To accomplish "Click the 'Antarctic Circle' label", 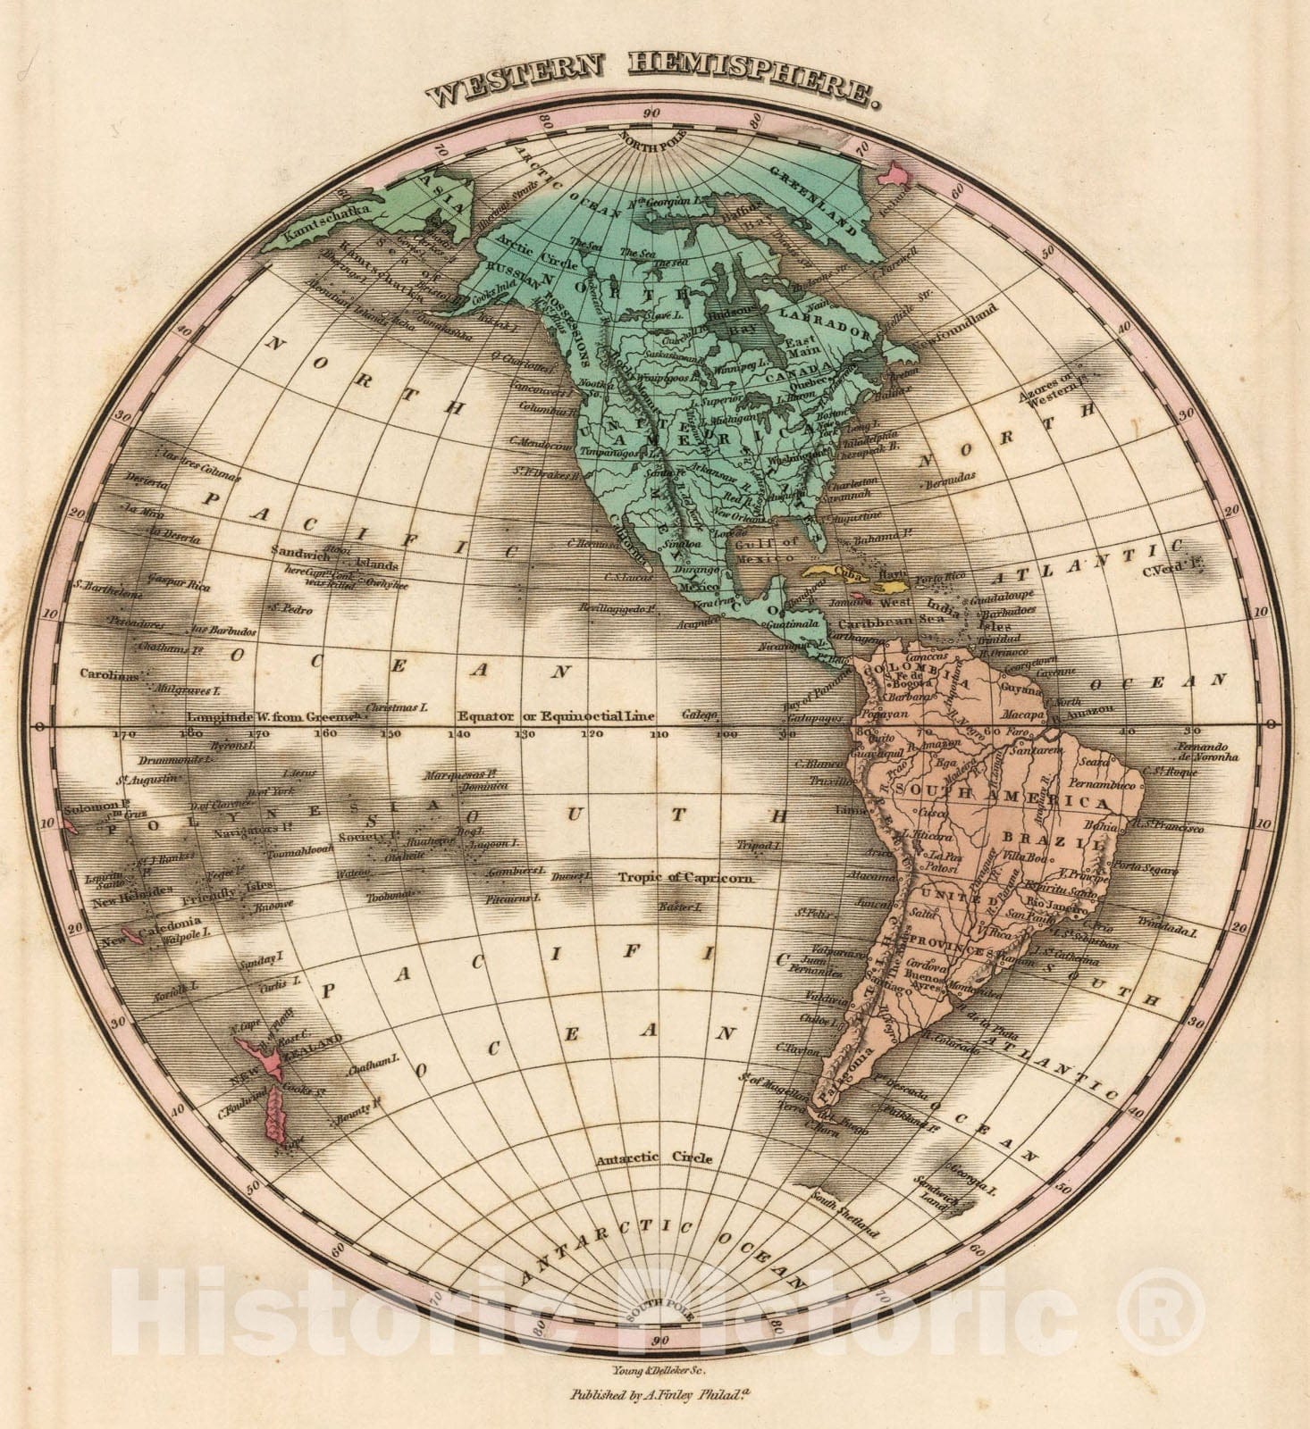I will point(655,1158).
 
